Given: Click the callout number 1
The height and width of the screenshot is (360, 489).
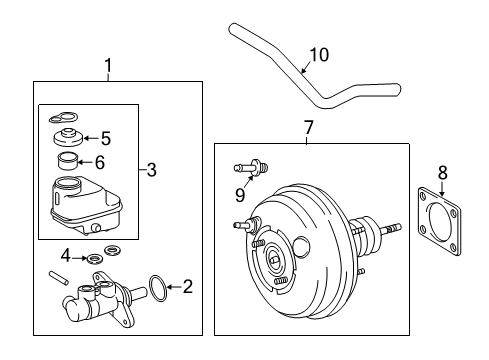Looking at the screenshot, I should (109, 66).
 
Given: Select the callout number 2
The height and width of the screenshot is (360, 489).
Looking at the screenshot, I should (187, 287).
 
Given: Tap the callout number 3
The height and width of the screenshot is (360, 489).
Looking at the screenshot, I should (151, 171).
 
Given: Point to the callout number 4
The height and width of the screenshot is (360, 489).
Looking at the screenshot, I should (66, 255).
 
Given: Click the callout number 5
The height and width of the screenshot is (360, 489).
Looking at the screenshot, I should (105, 139).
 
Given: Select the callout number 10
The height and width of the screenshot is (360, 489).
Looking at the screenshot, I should (318, 55).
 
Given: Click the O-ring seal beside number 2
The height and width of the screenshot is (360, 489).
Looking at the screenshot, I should (157, 289).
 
